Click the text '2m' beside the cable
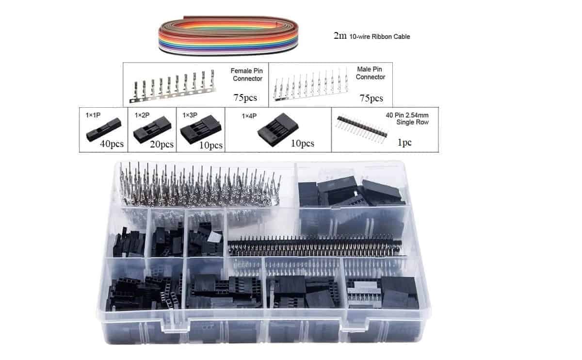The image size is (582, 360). [x=340, y=36]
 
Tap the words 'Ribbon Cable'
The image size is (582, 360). [x=391, y=36]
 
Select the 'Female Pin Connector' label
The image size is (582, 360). [x=246, y=75]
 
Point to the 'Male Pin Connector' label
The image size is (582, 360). [x=371, y=73]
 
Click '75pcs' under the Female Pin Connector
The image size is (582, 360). [x=245, y=98]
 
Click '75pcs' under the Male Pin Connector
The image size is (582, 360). [x=371, y=98]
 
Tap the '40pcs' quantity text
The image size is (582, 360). [x=112, y=144]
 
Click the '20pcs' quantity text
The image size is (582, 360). [x=162, y=144]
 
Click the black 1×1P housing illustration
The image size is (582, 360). [x=102, y=130]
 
